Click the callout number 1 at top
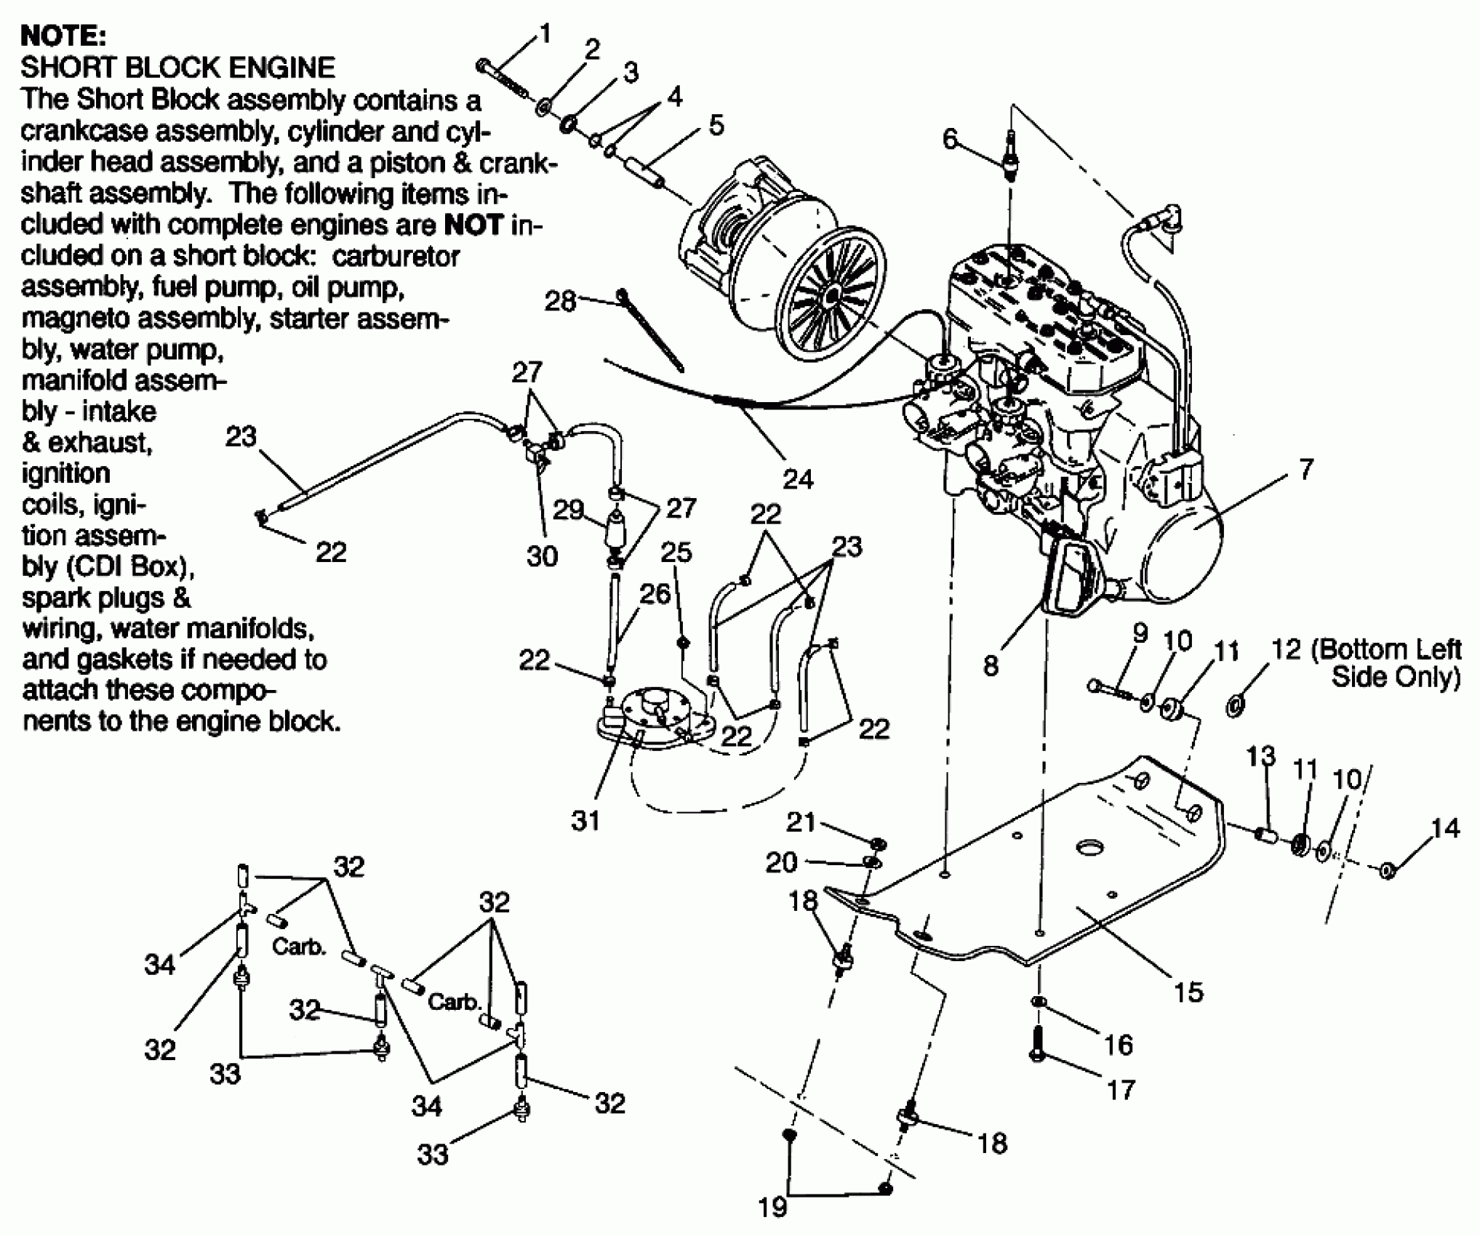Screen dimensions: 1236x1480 point(545,34)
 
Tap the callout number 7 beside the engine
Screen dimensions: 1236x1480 point(1306,469)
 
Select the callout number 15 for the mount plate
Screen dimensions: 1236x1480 point(1188,992)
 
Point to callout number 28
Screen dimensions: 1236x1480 point(560,301)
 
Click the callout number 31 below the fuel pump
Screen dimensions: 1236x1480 point(585,821)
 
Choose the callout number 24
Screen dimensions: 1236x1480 point(798,478)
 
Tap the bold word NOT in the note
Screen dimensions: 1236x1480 point(473,225)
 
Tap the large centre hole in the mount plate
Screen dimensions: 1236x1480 point(1089,848)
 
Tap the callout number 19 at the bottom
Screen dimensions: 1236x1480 point(772,1207)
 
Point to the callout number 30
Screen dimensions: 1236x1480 point(542,556)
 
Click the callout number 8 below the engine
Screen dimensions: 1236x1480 point(991,665)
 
